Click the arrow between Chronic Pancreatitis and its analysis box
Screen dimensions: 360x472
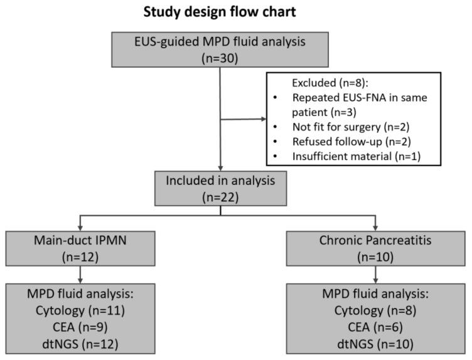[x=374, y=274]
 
